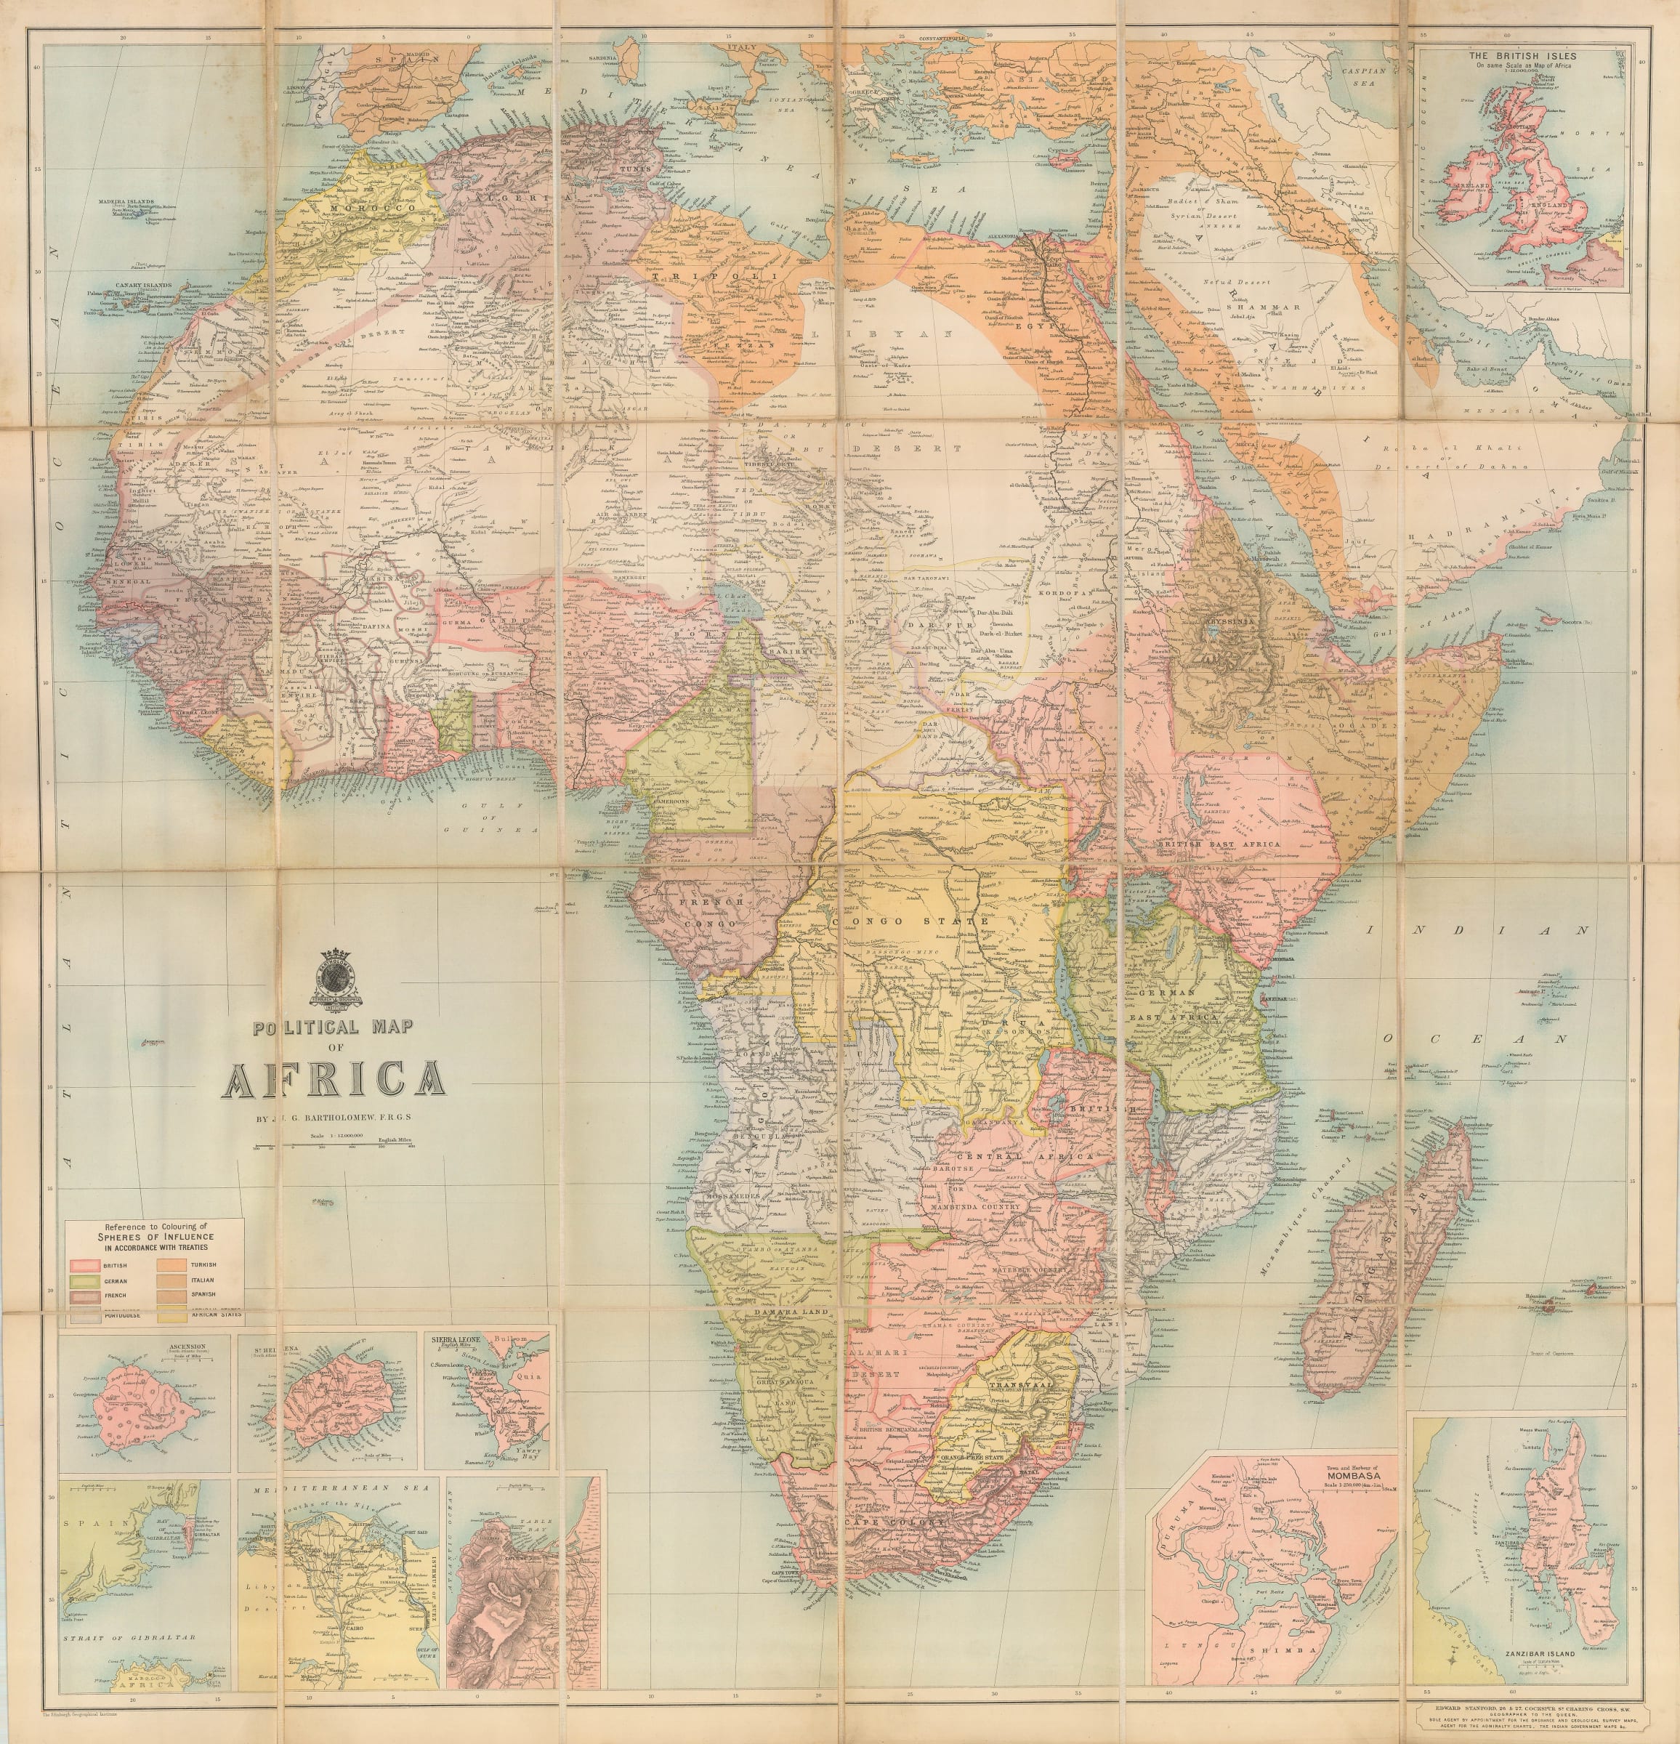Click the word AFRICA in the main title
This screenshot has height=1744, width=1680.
333,1078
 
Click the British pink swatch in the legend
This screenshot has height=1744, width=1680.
86,1265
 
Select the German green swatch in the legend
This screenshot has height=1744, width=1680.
86,1280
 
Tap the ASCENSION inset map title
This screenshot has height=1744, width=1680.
186,1347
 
